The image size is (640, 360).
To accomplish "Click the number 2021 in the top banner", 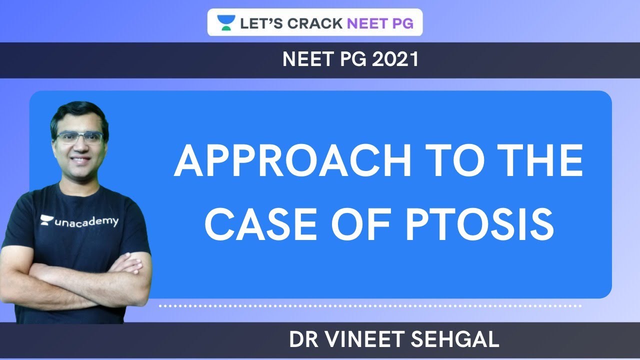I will (x=395, y=60).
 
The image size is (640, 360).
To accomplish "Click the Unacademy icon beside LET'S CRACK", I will (x=226, y=22).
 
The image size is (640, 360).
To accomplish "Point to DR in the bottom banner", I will (x=301, y=340).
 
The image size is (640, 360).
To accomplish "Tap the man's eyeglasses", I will (x=80, y=137).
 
